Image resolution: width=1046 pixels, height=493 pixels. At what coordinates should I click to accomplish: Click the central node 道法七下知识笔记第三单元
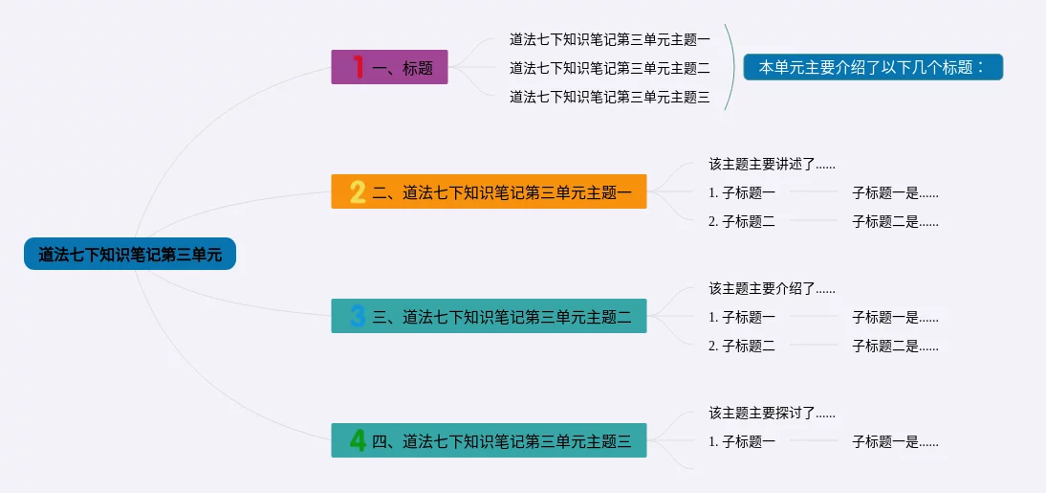tap(130, 254)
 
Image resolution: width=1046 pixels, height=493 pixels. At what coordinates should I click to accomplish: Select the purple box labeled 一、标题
tap(389, 67)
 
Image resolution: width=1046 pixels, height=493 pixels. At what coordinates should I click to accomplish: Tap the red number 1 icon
tap(359, 67)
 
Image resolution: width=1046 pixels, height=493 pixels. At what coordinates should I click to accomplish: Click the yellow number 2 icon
tap(359, 191)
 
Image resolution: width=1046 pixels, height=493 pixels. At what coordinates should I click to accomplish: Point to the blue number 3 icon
tap(359, 316)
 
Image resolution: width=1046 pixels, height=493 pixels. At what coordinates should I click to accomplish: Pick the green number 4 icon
tap(359, 440)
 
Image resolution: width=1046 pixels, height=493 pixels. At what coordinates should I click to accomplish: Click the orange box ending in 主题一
tap(489, 191)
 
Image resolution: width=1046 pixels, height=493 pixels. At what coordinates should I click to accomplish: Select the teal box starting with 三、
tap(489, 316)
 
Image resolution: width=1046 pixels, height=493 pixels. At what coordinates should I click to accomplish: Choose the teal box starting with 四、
tap(489, 440)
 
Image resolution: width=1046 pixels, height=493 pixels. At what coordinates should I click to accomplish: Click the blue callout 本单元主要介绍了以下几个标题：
tap(873, 67)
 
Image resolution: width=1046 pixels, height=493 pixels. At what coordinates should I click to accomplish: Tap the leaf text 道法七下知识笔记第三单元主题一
tap(610, 39)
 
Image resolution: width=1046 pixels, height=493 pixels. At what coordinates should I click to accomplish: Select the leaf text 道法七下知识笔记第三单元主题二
tap(610, 67)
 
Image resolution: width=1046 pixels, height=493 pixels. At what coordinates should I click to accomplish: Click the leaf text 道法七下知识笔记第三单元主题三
tap(610, 98)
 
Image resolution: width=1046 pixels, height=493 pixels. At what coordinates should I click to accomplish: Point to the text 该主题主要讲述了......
tap(762, 164)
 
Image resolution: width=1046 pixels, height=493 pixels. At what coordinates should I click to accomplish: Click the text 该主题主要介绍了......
tap(762, 288)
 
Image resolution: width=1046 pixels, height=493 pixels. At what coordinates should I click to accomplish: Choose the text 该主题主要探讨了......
tap(762, 413)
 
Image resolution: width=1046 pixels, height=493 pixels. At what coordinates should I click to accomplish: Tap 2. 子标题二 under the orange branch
tap(742, 222)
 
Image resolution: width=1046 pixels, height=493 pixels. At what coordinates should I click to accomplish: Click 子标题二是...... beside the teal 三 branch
tap(895, 346)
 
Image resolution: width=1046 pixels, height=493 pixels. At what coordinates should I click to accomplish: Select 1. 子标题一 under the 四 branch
tap(742, 441)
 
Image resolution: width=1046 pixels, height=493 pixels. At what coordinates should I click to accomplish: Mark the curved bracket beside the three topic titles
tap(734, 67)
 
